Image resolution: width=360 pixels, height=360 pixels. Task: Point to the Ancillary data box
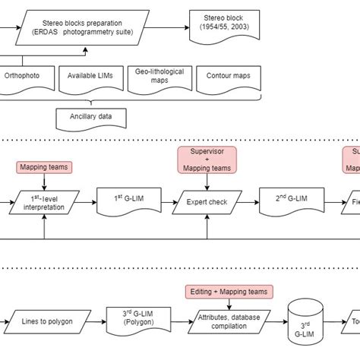(90, 118)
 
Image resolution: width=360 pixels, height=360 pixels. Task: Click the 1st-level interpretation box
(45, 204)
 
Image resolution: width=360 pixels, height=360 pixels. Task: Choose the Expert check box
(207, 204)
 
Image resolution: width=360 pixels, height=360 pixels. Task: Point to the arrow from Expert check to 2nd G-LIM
(248, 204)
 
